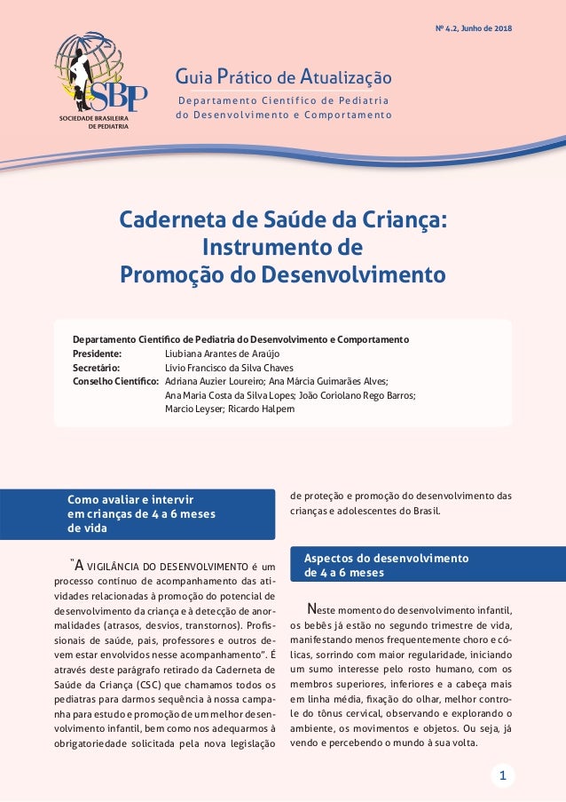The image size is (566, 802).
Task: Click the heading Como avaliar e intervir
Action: point(131,500)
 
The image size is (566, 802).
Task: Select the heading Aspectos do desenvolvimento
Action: point(386,559)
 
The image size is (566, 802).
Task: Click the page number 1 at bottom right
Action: point(502,776)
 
